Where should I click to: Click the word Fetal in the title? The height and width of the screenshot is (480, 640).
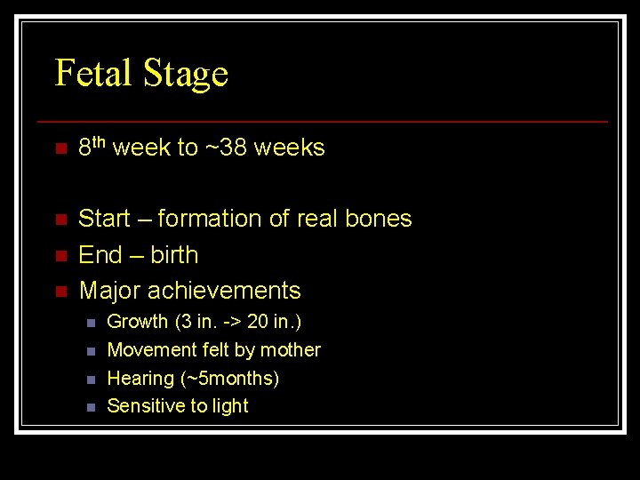point(92,73)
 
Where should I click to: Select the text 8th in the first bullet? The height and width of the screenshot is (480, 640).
point(92,147)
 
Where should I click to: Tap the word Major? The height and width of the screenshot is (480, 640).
point(109,291)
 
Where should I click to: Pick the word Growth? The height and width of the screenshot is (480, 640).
point(138,322)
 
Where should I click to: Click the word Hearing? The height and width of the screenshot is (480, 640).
point(140,379)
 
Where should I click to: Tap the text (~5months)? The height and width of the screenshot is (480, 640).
point(229,379)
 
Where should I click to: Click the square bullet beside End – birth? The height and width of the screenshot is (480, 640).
point(60,256)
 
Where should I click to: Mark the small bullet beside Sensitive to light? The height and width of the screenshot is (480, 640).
point(90,407)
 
